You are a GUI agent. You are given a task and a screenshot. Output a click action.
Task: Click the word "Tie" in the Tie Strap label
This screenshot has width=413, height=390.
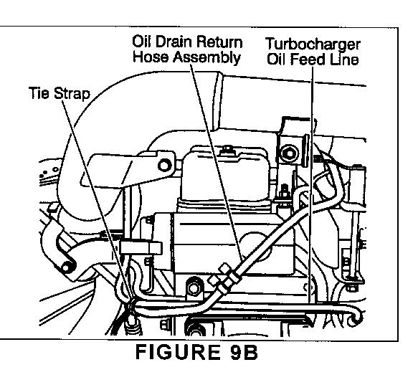pos(39,93)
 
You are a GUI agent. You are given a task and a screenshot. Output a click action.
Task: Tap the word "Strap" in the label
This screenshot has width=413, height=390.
pos(72,94)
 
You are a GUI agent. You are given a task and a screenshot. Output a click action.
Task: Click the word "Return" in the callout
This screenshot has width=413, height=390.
pos(219,42)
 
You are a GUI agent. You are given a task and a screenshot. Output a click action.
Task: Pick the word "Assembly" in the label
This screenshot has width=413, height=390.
pos(206,57)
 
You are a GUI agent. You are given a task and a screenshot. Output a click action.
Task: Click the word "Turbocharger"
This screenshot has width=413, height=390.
pos(313,44)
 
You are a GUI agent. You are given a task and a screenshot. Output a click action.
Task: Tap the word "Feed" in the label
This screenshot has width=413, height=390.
pos(307,59)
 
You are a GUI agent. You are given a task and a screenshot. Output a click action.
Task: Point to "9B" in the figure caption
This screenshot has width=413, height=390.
pos(244,352)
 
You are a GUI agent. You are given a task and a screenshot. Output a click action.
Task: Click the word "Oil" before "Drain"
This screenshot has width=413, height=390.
pos(142,42)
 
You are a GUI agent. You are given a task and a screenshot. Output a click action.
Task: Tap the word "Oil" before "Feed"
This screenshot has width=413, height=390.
pos(277,59)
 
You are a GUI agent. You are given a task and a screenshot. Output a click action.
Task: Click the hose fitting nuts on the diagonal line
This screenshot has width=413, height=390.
pos(224,277)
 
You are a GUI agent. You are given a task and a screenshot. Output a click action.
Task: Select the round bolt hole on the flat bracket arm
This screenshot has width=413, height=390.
pos(165,166)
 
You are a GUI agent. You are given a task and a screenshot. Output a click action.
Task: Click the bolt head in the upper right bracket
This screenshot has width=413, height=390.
pos(290,153)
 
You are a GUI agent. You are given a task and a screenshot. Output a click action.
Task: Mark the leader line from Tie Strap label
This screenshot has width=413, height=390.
pos(96,201)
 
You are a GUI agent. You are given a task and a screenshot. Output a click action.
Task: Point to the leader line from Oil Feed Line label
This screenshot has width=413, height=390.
pos(311,184)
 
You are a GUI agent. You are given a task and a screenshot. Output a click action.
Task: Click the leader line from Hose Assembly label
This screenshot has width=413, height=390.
pos(217,162)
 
